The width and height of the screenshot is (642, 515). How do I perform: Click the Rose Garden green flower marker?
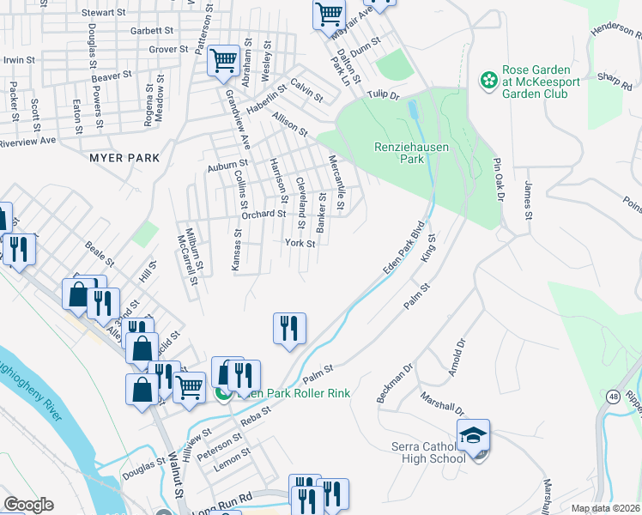[488, 81]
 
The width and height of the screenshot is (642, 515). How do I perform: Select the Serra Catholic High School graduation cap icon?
[473, 434]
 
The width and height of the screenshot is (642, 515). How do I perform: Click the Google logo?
[27, 505]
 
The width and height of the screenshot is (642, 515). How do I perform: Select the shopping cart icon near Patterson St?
[223, 61]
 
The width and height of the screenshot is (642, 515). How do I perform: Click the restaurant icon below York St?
[289, 329]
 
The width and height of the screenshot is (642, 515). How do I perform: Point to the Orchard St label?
[263, 214]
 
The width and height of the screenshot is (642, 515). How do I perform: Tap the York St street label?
[300, 244]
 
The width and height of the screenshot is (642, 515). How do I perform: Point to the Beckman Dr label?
[395, 383]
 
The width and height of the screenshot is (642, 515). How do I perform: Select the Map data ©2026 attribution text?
[604, 508]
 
